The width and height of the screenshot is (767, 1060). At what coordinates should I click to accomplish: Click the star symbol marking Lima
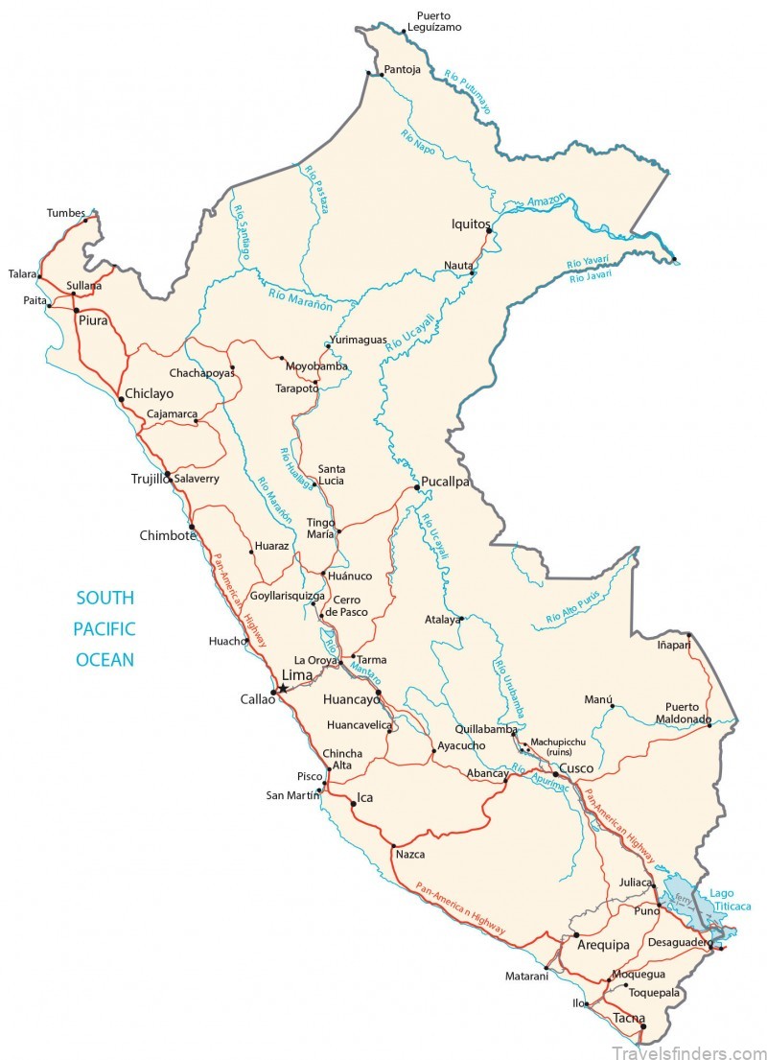coord(281,688)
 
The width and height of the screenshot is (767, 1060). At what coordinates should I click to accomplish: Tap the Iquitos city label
coord(471,224)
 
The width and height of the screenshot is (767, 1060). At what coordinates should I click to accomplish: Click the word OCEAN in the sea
coord(105,660)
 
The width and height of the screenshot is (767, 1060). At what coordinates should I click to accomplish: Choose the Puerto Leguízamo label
coord(434,21)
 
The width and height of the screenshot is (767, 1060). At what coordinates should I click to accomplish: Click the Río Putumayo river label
coord(468,92)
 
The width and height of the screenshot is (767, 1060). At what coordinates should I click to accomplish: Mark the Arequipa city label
coord(603,945)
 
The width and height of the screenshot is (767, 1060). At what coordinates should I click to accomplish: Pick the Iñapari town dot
coord(688,635)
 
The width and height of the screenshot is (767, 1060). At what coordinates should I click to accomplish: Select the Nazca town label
coord(409,854)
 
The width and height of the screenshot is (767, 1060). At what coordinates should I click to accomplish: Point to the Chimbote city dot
coord(192,526)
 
